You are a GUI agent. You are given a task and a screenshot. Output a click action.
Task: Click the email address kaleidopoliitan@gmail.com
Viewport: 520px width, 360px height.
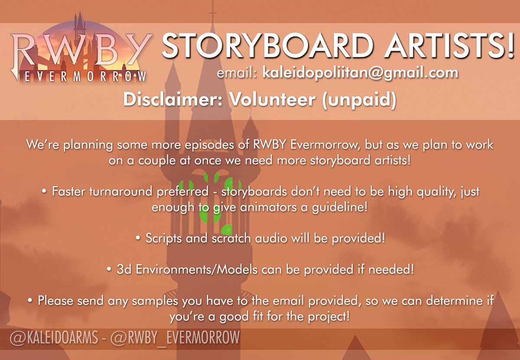360,72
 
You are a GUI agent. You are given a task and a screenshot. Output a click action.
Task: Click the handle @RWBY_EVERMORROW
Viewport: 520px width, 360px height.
176,337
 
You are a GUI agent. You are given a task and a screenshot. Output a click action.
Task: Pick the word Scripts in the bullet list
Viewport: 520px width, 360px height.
163,238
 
